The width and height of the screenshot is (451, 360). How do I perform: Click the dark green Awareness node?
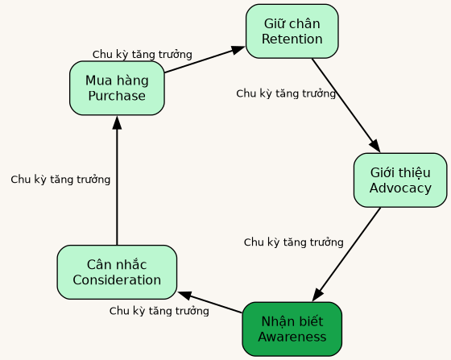coord(292,329)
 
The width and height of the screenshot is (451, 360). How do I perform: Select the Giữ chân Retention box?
coord(292,31)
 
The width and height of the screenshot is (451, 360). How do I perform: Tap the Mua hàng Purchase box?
coord(117,88)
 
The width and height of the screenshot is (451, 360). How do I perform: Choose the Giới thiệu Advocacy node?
coord(399,180)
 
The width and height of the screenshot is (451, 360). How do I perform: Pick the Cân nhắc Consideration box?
coord(117,272)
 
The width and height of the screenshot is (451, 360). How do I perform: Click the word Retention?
coord(292,39)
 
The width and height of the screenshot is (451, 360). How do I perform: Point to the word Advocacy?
coord(399,188)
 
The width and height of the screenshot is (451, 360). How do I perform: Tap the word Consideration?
coord(117,280)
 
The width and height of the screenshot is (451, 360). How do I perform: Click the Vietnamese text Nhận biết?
coord(292,321)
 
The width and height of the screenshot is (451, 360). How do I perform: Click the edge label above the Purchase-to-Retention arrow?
coord(142,55)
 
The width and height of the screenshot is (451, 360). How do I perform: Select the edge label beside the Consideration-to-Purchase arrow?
coord(60,180)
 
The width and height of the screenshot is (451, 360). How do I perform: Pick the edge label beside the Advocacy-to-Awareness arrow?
coord(293,242)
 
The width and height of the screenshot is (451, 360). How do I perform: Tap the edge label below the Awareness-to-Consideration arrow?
coord(159,311)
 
